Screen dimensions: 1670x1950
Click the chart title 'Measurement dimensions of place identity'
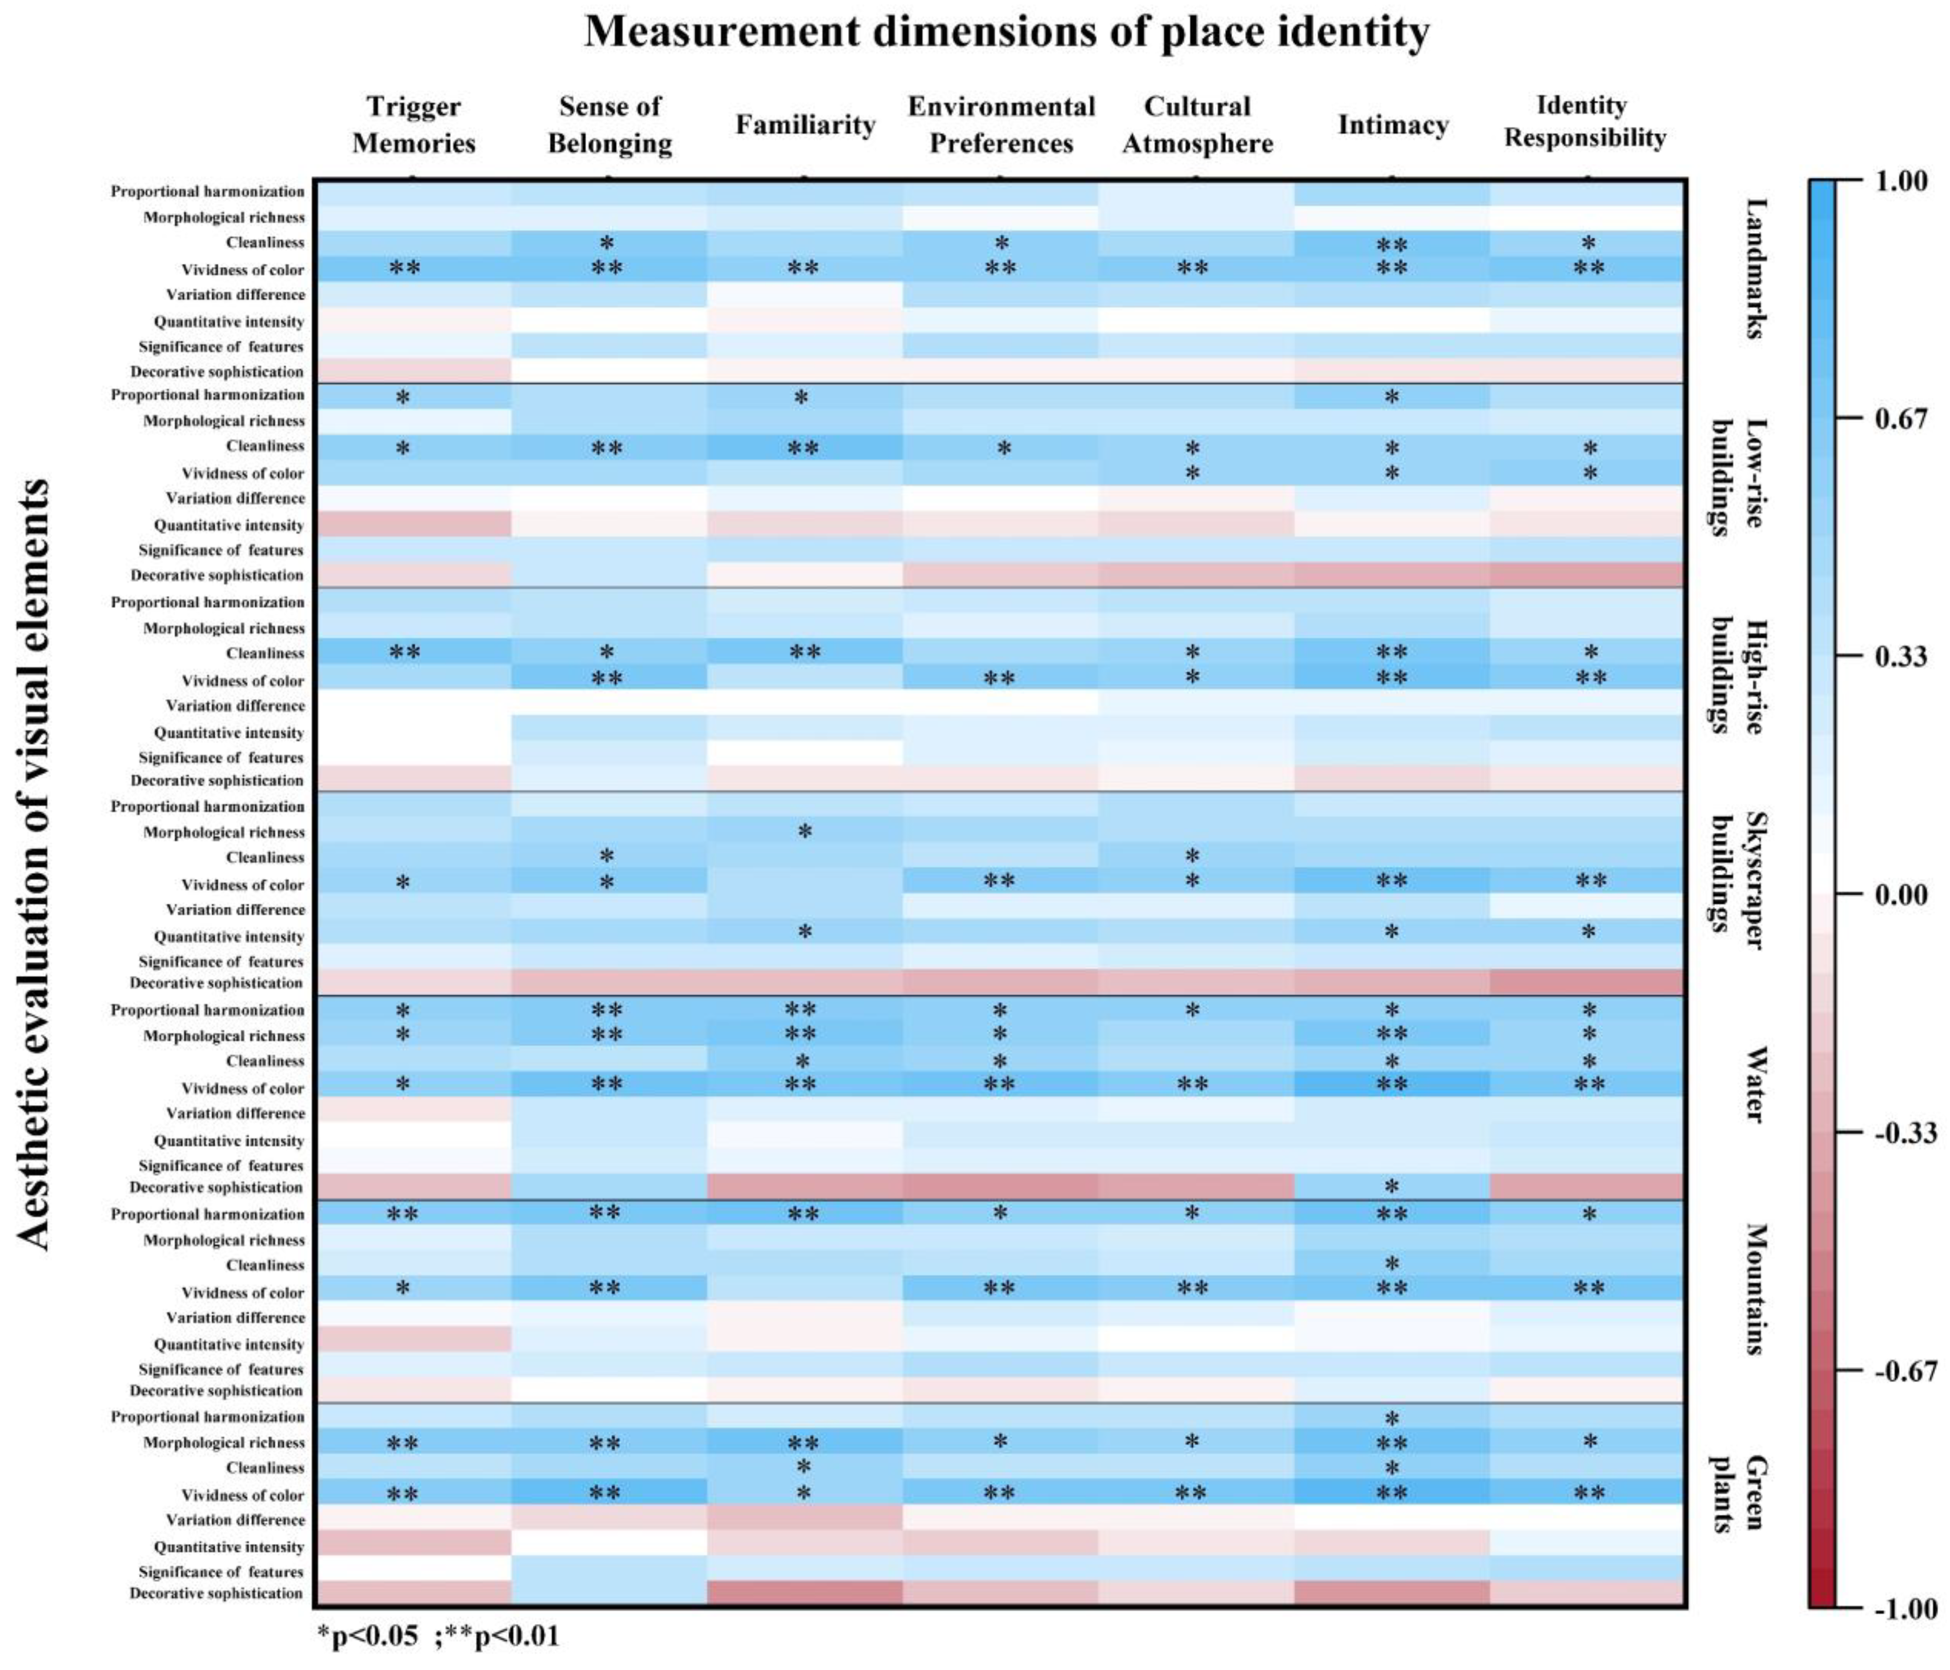tap(1006, 32)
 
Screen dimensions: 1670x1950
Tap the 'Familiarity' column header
tap(805, 125)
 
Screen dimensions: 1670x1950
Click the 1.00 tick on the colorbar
tap(1901, 181)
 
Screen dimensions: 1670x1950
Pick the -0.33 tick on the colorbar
tap(1905, 1133)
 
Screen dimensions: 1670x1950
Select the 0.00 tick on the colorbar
tap(1901, 894)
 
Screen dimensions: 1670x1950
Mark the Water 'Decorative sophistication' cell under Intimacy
tap(1392, 1186)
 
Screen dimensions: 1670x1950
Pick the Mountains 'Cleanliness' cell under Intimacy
tap(1392, 1264)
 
